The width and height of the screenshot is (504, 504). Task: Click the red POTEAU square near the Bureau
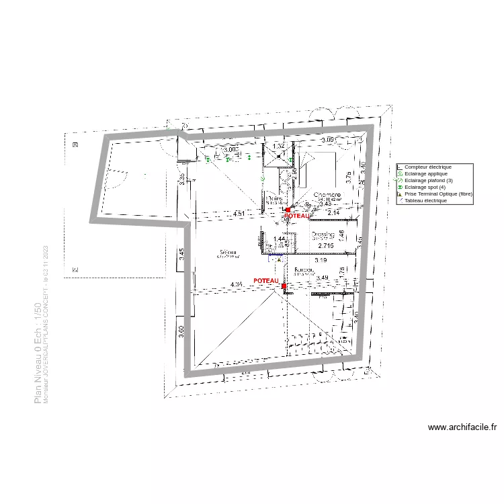284,286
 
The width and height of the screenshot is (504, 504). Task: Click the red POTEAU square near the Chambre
288,210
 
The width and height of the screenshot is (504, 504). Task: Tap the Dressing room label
323,236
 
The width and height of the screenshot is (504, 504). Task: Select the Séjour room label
227,253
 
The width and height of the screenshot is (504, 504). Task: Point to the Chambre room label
327,196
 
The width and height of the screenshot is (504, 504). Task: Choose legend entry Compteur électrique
427,167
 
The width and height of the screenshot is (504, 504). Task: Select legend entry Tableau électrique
425,200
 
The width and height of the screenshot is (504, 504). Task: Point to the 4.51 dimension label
239,214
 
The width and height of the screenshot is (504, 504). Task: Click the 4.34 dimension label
237,285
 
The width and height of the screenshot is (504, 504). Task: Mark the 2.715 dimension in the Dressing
325,247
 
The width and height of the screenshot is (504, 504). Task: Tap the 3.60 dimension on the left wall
181,332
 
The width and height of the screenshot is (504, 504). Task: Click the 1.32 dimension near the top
280,146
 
